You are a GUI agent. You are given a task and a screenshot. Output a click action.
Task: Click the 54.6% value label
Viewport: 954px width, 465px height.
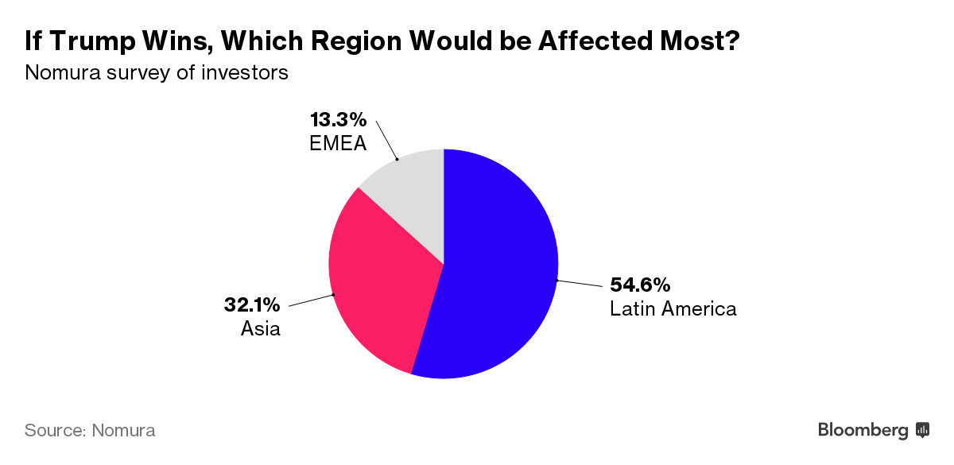[640, 285]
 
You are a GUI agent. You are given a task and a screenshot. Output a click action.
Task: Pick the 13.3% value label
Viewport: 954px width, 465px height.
[338, 120]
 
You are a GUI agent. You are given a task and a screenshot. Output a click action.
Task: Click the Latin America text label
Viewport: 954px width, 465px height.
[673, 308]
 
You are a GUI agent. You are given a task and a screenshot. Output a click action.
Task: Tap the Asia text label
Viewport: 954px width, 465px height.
[260, 327]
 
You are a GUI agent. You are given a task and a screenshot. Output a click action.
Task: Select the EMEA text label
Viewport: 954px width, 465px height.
[338, 144]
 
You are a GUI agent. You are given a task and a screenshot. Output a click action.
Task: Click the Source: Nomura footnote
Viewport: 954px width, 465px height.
[90, 431]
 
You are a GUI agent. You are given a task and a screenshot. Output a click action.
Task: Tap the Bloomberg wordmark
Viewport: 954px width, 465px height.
[863, 430]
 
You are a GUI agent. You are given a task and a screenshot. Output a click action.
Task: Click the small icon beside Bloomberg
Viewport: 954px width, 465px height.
[923, 430]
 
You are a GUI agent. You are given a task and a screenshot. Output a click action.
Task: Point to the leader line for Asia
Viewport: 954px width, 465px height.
[310, 300]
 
